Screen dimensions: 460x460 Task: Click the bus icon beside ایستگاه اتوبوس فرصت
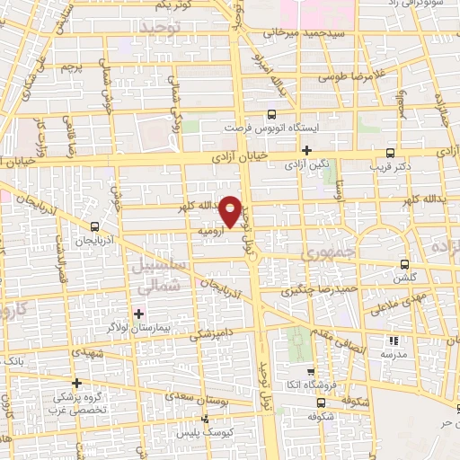click(272, 115)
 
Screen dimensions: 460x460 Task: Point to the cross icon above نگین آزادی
click(306, 150)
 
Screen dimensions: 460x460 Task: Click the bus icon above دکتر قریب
click(390, 153)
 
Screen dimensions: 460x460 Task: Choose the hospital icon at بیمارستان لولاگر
click(138, 314)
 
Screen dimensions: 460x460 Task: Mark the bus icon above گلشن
click(405, 264)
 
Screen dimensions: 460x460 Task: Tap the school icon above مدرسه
click(393, 341)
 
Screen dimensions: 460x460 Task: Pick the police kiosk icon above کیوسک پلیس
click(206, 419)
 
